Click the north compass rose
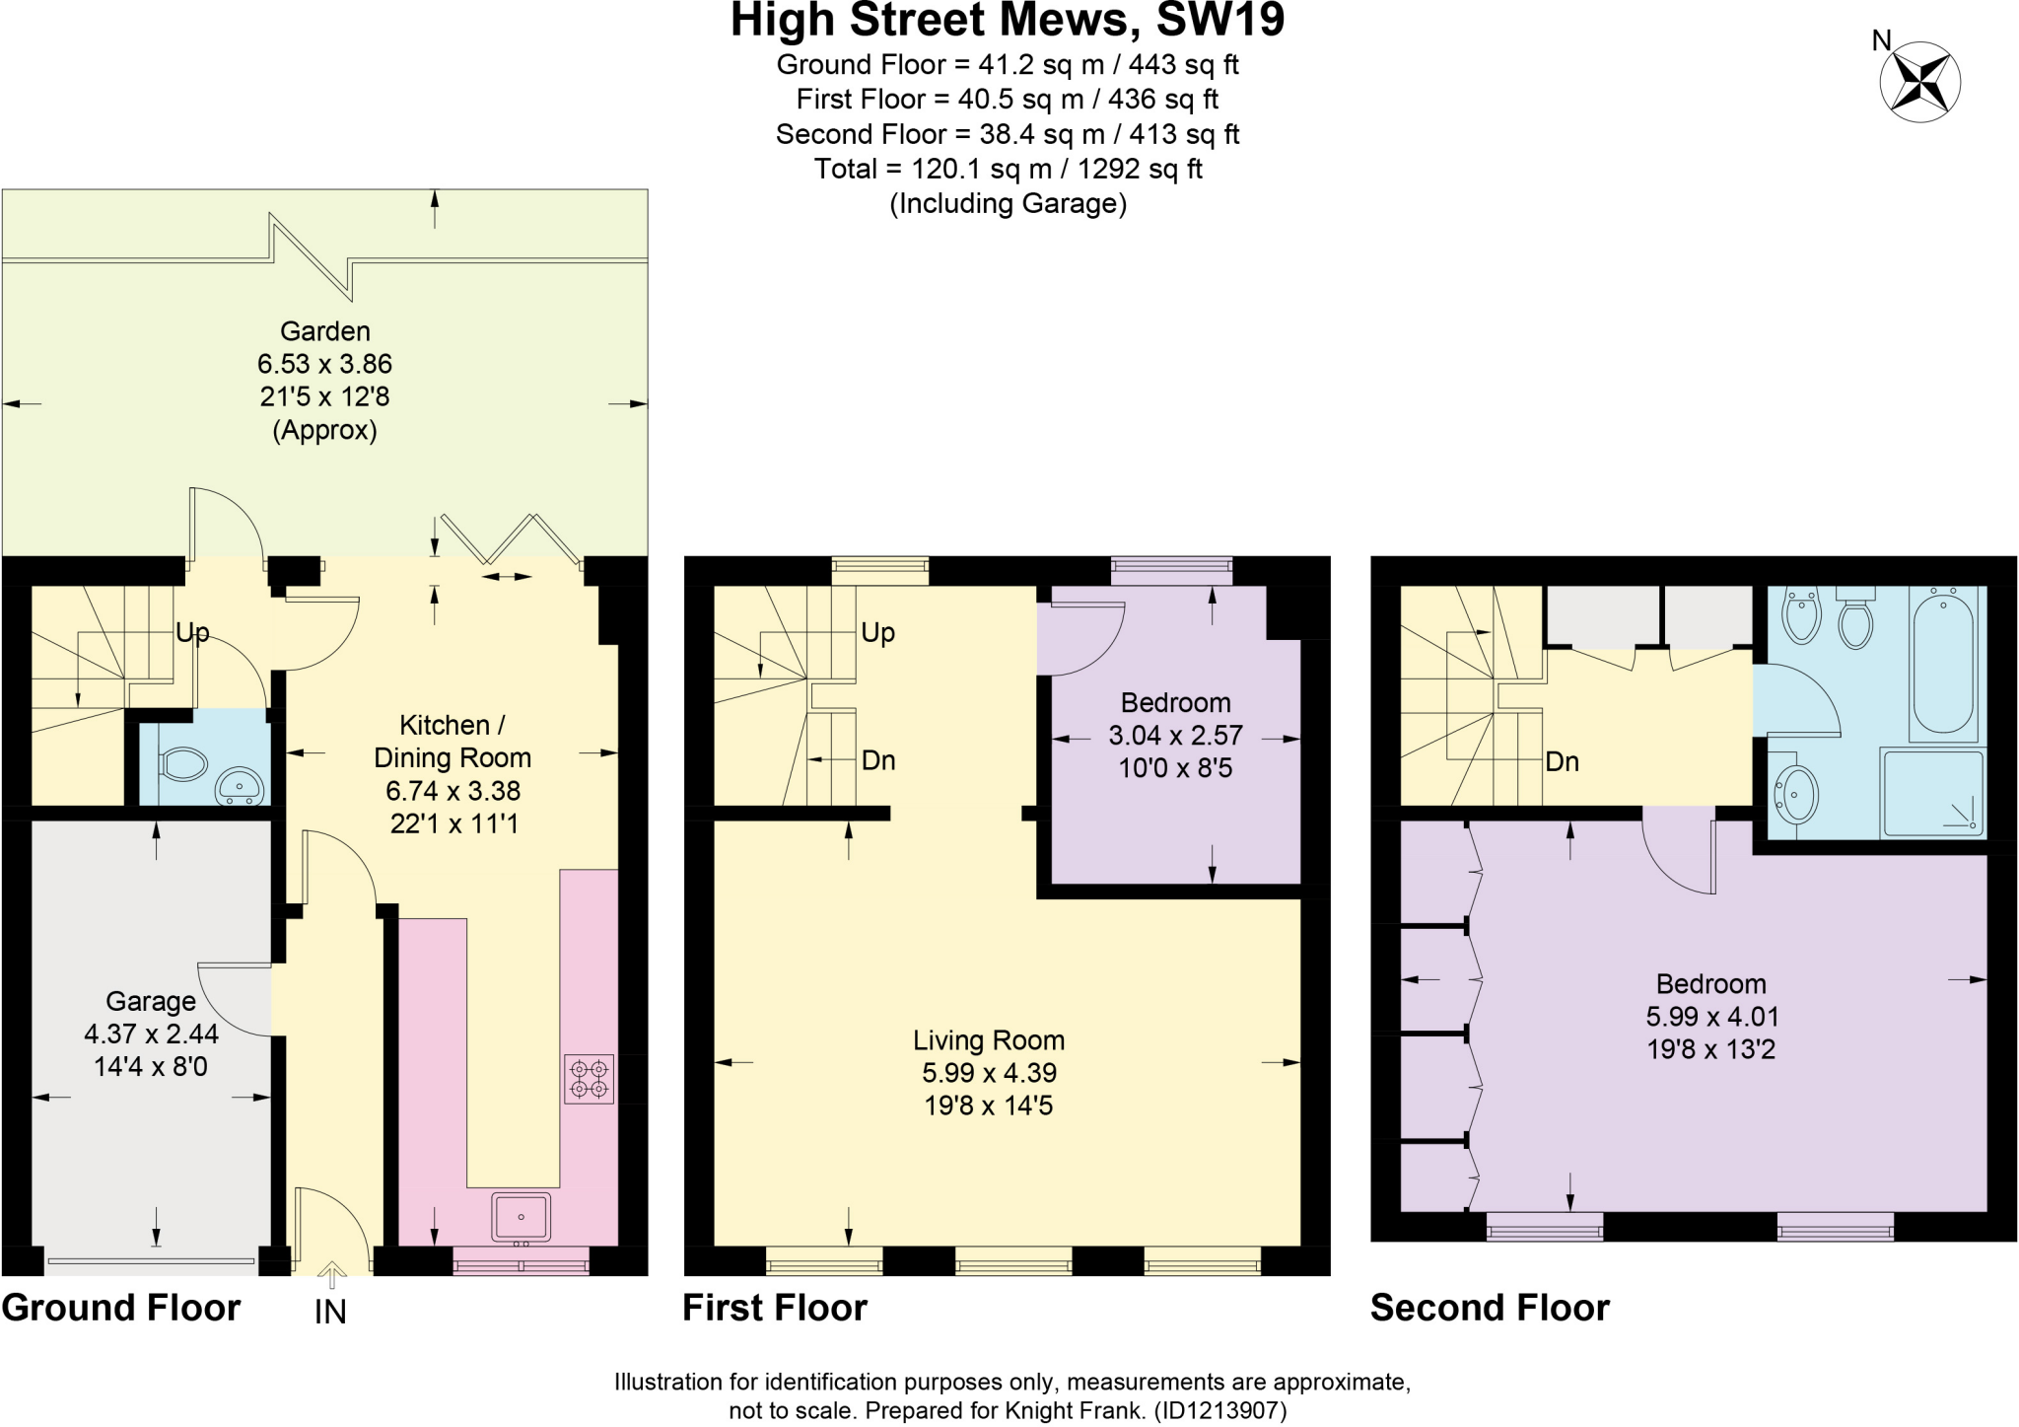pos(1918,82)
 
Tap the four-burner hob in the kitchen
pos(589,1078)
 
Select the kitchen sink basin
pos(521,1216)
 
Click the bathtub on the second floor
pos(1943,662)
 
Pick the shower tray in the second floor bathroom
pos(1932,792)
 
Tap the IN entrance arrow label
pos(330,1313)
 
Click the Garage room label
pos(151,1001)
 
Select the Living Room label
pos(988,1040)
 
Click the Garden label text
pos(324,331)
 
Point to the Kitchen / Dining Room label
pos(453,741)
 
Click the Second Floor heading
pos(1489,1308)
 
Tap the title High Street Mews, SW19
pos(1008,22)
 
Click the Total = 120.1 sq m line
pos(1008,169)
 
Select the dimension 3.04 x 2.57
pos(1175,736)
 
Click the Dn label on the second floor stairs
pos(1562,761)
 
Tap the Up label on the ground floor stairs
pos(192,632)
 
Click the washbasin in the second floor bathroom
pos(1796,794)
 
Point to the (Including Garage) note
pos(1008,204)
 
